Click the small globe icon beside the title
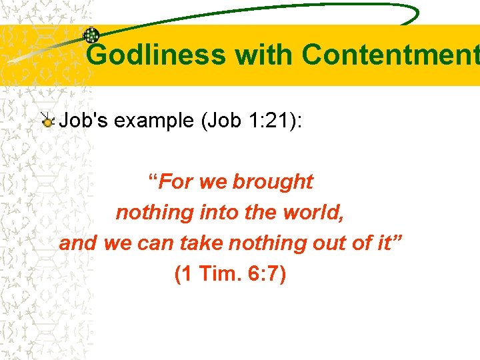pos(91,36)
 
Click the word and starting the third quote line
pos(77,243)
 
